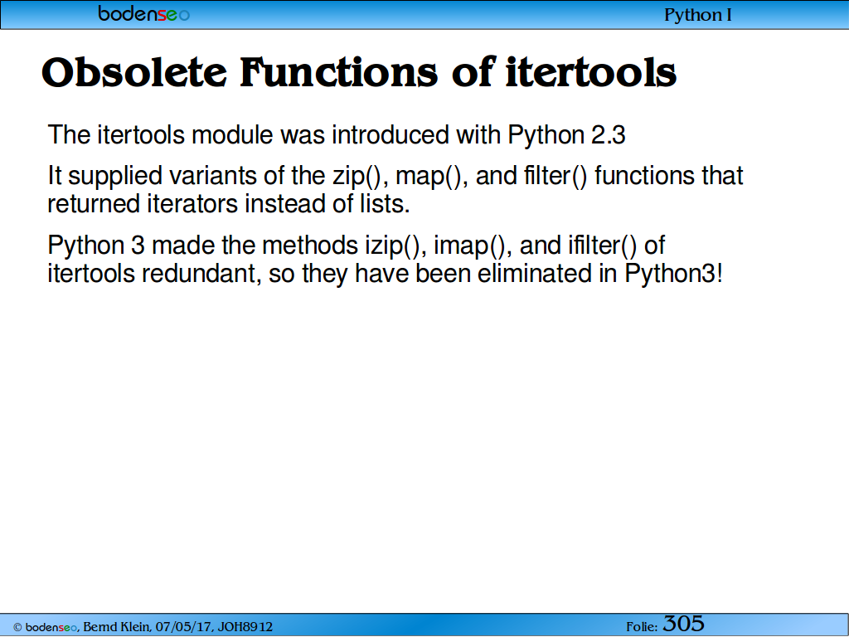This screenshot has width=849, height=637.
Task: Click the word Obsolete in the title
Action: pyautogui.click(x=134, y=72)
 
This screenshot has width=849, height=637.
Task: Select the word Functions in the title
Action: pyautogui.click(x=338, y=72)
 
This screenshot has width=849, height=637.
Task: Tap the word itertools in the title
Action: pyautogui.click(x=590, y=72)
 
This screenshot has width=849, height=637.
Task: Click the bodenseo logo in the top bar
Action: pyautogui.click(x=144, y=13)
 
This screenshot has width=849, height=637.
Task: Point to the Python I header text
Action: pyautogui.click(x=698, y=15)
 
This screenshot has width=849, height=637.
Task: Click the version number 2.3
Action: pyautogui.click(x=608, y=135)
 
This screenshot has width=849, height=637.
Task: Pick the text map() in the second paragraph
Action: pyautogui.click(x=431, y=176)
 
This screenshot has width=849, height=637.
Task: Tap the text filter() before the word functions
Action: pyautogui.click(x=555, y=176)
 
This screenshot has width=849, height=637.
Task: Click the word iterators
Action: pyautogui.click(x=192, y=204)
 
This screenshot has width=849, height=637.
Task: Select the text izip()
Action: pyautogui.click(x=392, y=246)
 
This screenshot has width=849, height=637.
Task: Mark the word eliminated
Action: pyautogui.click(x=535, y=274)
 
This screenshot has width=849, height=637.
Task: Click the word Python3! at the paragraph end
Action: pyautogui.click(x=673, y=274)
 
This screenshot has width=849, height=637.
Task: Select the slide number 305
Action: pyautogui.click(x=683, y=624)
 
